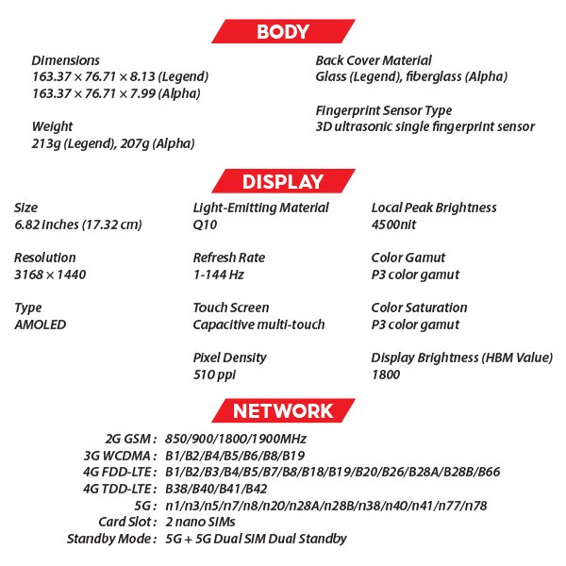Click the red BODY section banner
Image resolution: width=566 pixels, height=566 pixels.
point(282,32)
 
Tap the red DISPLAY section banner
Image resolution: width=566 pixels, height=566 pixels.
point(282,182)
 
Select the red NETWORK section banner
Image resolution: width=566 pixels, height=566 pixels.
point(282,410)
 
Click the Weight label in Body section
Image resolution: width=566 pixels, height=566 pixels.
point(52,126)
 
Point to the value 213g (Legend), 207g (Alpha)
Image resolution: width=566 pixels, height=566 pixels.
point(113,143)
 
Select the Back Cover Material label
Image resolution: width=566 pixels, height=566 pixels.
point(374,59)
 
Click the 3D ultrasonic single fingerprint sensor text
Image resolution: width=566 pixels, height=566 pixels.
point(424,126)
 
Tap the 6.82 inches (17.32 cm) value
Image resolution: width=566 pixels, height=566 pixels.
point(78,225)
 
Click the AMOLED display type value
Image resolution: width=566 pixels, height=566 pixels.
point(41,325)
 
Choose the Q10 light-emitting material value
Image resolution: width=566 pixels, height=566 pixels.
point(206,225)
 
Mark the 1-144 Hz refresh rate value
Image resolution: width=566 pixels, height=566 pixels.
point(218,275)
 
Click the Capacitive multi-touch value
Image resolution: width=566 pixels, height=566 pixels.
point(258,325)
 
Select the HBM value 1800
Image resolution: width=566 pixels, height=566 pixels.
point(386,375)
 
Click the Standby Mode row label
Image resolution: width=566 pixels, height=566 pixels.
point(111,539)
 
